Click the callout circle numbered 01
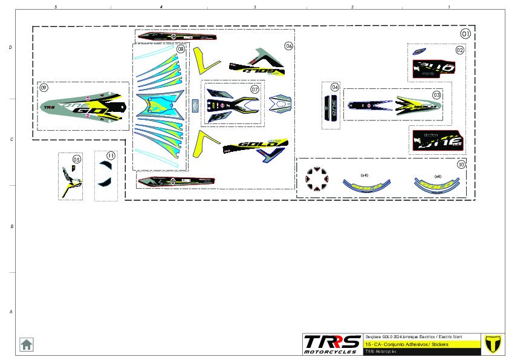[x=465, y=33]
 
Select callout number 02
[x=460, y=50]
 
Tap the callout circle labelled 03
[x=436, y=95]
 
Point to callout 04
[x=335, y=88]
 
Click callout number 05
[x=76, y=160]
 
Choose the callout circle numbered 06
[x=289, y=46]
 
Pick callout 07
[x=254, y=90]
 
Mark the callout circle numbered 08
[x=180, y=49]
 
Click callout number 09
[x=44, y=88]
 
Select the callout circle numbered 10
[x=461, y=164]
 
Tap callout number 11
[x=111, y=155]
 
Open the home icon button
[x=27, y=344]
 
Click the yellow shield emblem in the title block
[x=494, y=343]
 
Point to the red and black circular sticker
[x=314, y=177]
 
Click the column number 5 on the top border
[x=56, y=7]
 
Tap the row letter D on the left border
[x=10, y=47]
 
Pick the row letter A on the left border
[x=10, y=312]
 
